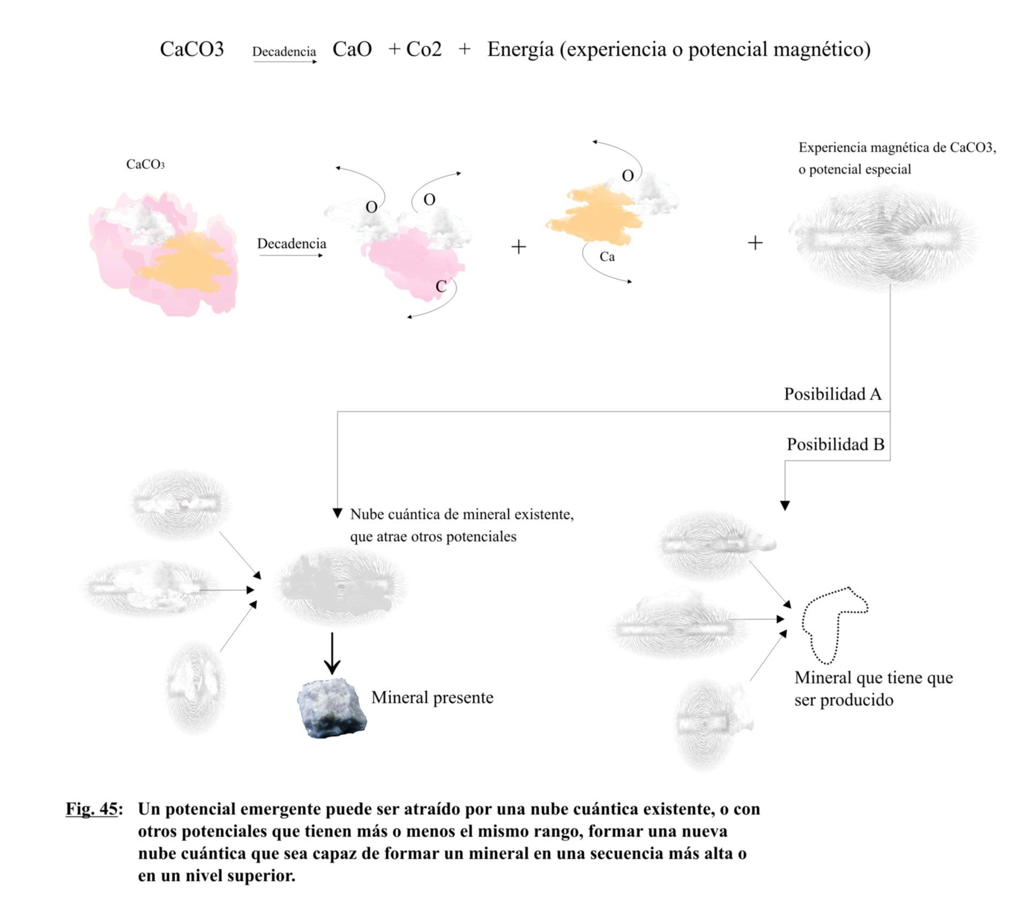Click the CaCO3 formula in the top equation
pyautogui.click(x=191, y=49)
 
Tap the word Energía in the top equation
pyautogui.click(x=520, y=49)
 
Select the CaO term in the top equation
pyautogui.click(x=352, y=49)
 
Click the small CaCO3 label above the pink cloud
pyautogui.click(x=145, y=164)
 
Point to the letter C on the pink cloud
pyautogui.click(x=441, y=286)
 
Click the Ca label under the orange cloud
pyautogui.click(x=607, y=257)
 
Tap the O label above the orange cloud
pyautogui.click(x=628, y=175)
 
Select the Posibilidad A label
pyautogui.click(x=832, y=394)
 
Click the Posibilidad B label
pyautogui.click(x=835, y=445)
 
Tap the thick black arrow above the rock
pyautogui.click(x=332, y=653)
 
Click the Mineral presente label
pyautogui.click(x=432, y=698)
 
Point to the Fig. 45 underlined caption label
pyautogui.click(x=92, y=809)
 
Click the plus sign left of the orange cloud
pyautogui.click(x=518, y=247)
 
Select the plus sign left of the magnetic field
pyautogui.click(x=755, y=243)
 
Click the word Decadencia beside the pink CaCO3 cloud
pyautogui.click(x=292, y=244)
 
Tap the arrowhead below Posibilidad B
pyautogui.click(x=785, y=505)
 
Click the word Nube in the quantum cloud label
pyautogui.click(x=367, y=514)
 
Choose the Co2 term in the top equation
pyautogui.click(x=423, y=49)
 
